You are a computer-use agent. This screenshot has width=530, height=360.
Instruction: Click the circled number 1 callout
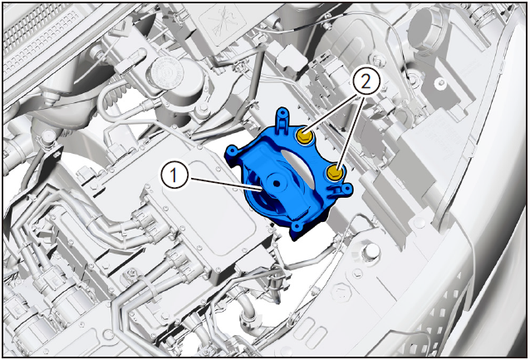pos(174,175)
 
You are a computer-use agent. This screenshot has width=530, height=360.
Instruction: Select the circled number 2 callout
pos(366,82)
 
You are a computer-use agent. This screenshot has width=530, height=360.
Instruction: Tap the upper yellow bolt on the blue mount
pos(304,136)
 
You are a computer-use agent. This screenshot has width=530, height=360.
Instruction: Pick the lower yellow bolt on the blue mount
pos(334,173)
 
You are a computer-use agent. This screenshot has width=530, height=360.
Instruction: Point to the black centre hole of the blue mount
pos(277,184)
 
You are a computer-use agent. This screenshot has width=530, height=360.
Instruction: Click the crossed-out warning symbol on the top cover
pos(222,21)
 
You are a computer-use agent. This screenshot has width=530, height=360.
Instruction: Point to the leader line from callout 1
pos(224,183)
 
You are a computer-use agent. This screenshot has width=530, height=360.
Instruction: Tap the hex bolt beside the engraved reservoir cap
pos(203,109)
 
